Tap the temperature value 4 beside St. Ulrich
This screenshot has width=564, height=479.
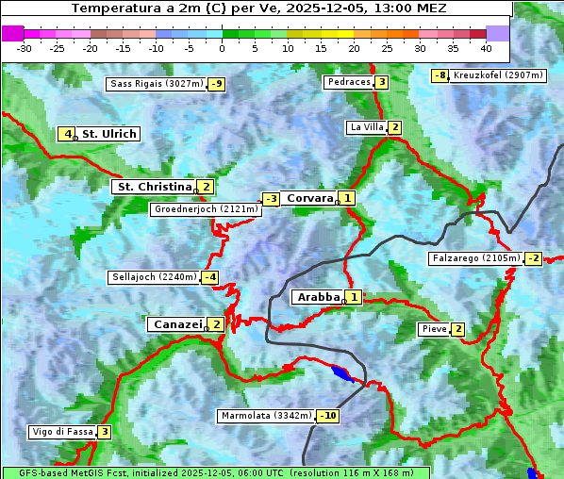[x=66, y=134]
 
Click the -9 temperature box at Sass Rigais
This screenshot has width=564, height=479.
[x=217, y=84]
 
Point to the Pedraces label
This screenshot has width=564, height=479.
[x=348, y=82]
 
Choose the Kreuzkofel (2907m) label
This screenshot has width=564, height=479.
[x=497, y=75]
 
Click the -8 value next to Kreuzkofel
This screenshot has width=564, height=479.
[x=440, y=75]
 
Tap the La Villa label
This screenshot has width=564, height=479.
[x=366, y=127]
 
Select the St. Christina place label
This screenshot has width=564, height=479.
[x=154, y=187]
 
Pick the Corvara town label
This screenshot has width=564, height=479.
[x=309, y=198]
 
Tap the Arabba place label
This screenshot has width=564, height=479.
[x=318, y=297]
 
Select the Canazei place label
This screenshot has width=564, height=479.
[x=176, y=324]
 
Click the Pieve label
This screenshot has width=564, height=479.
[x=434, y=329]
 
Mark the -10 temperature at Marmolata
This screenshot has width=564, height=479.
[x=328, y=416]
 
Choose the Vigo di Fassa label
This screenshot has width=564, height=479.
[x=62, y=432]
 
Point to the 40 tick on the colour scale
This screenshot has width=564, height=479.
[x=486, y=47]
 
